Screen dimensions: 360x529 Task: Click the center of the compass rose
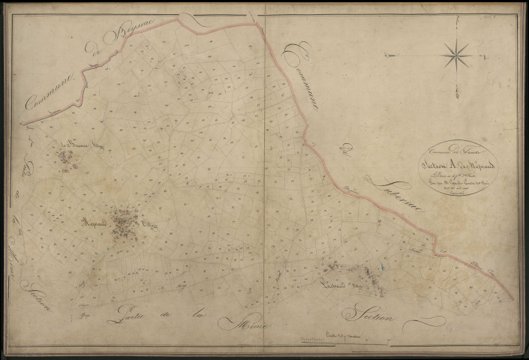pos(456,54)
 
